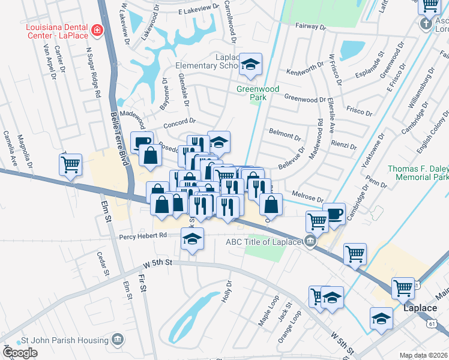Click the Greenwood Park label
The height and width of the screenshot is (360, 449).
click(257, 94)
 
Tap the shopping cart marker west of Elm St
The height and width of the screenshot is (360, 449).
click(70, 163)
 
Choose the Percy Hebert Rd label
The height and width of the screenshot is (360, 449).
click(142, 236)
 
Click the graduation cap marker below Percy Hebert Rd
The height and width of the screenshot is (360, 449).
click(192, 240)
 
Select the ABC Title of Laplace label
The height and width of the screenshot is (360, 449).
click(263, 242)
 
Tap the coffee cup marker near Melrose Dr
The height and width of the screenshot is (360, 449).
click(334, 213)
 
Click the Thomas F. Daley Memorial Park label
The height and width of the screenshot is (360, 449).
click(418, 173)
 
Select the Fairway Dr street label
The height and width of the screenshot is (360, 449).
click(310, 27)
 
